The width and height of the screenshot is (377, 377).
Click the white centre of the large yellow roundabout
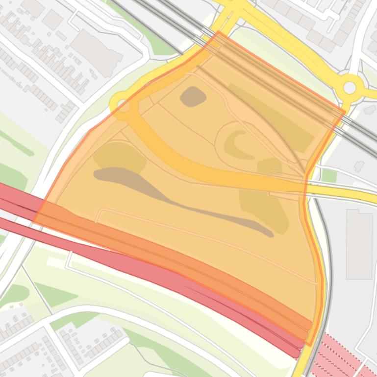(x=350, y=88)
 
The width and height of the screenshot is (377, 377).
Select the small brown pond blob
(x=193, y=96)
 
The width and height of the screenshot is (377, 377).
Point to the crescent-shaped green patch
(x=237, y=144)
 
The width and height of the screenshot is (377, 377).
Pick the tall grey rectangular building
(x=359, y=243)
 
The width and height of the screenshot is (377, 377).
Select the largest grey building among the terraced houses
(x=96, y=53)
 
